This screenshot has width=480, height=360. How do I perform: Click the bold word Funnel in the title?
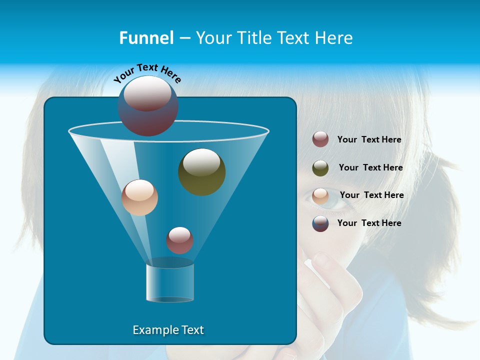146,38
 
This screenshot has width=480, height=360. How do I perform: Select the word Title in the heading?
254,38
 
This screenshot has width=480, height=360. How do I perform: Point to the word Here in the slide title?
334,38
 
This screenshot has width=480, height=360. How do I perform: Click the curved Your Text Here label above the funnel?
147,72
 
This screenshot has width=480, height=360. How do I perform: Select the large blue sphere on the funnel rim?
147,105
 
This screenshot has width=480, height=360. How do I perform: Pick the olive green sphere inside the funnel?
201,171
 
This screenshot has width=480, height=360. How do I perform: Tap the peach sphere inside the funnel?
139,197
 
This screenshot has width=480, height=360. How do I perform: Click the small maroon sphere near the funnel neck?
179,240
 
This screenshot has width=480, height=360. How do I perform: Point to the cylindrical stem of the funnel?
170,282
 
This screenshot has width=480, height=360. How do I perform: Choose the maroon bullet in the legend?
320,139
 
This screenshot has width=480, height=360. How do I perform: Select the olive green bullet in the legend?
320,168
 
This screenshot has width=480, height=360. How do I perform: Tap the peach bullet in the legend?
320,196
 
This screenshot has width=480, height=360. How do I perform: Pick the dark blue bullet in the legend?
320,223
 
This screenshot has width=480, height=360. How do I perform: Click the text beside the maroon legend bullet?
369,140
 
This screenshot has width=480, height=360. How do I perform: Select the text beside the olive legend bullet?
370,168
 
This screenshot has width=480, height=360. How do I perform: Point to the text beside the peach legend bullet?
371,195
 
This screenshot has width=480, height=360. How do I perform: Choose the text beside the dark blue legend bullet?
369,223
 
